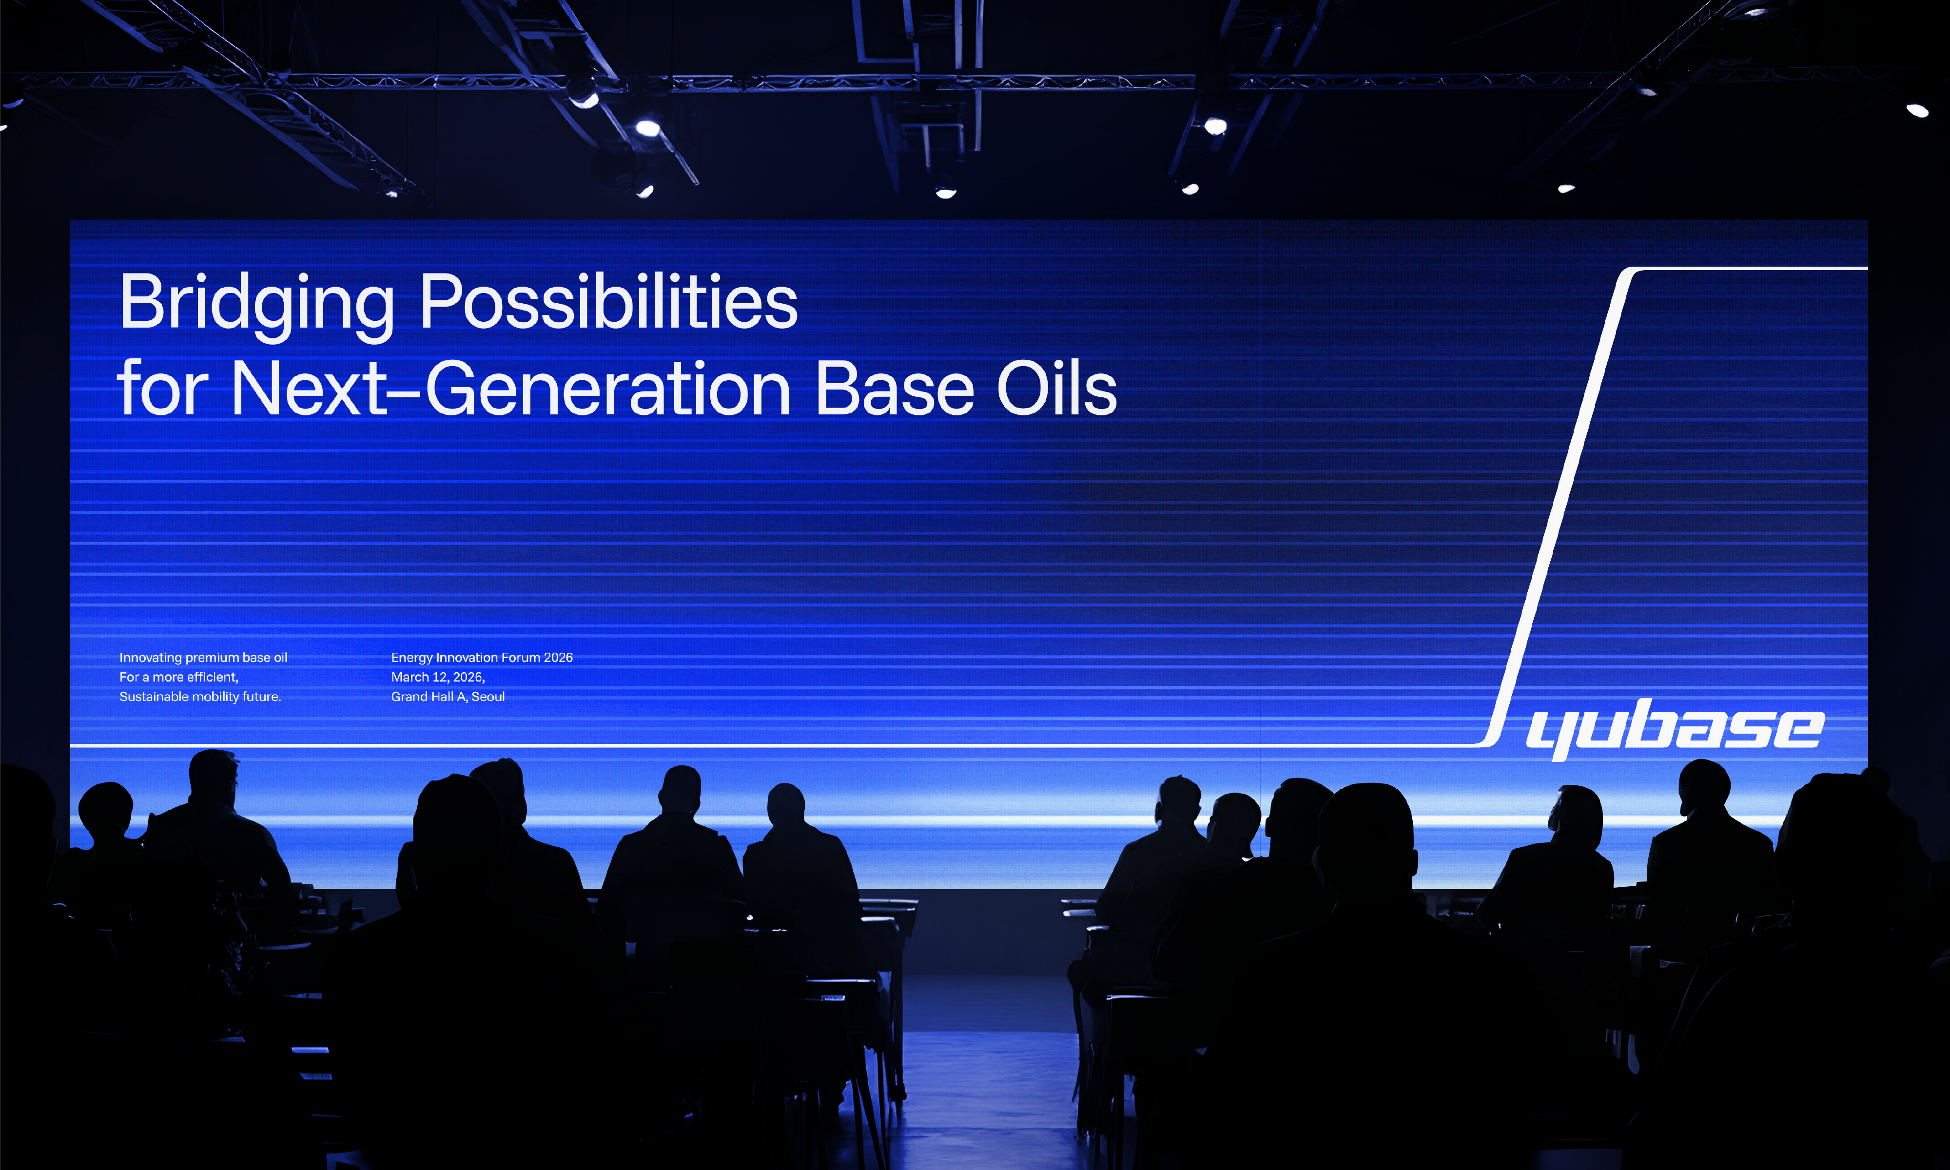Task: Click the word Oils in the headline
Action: click(1057, 388)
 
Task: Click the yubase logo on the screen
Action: click(1675, 728)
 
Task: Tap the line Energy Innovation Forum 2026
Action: click(482, 658)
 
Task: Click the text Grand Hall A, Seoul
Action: click(448, 697)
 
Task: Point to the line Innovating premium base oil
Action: click(203, 658)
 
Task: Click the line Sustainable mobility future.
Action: click(200, 697)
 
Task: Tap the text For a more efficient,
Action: click(179, 677)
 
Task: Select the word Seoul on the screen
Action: click(488, 697)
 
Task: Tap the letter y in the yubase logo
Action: click(1550, 735)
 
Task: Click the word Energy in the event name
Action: click(411, 658)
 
